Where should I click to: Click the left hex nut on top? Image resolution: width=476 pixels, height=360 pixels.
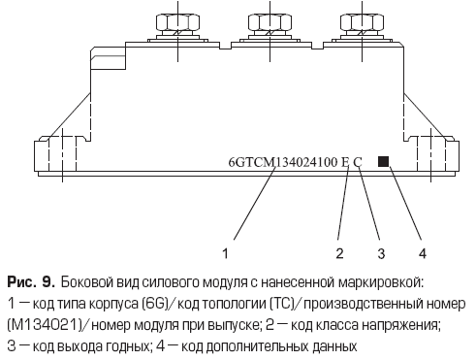pyautogui.click(x=177, y=22)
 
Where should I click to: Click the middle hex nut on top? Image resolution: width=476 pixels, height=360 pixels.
pyautogui.click(x=270, y=22)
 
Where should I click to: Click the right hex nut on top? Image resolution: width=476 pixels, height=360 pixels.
pyautogui.click(x=362, y=22)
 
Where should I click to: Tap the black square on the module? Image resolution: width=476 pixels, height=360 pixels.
pyautogui.click(x=383, y=161)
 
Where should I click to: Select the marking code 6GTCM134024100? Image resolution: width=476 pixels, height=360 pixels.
pyautogui.click(x=283, y=162)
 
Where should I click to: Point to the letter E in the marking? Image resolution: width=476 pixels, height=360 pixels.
pyautogui.click(x=345, y=162)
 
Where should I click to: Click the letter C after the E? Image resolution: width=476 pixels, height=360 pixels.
pyautogui.click(x=358, y=162)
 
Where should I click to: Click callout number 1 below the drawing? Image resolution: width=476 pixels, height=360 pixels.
pyautogui.click(x=226, y=252)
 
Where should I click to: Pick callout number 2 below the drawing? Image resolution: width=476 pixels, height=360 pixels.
pyautogui.click(x=339, y=253)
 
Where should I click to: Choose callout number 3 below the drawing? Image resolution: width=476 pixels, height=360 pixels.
pyautogui.click(x=381, y=253)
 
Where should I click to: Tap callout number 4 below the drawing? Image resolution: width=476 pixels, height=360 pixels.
pyautogui.click(x=423, y=253)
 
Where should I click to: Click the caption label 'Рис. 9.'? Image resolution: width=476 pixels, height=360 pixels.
pyautogui.click(x=31, y=282)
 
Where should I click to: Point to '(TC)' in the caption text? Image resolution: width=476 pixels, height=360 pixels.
pyautogui.click(x=282, y=304)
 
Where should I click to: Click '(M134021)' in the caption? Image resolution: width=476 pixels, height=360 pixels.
pyautogui.click(x=44, y=325)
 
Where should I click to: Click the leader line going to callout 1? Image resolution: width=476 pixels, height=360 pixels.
pyautogui.click(x=254, y=204)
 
